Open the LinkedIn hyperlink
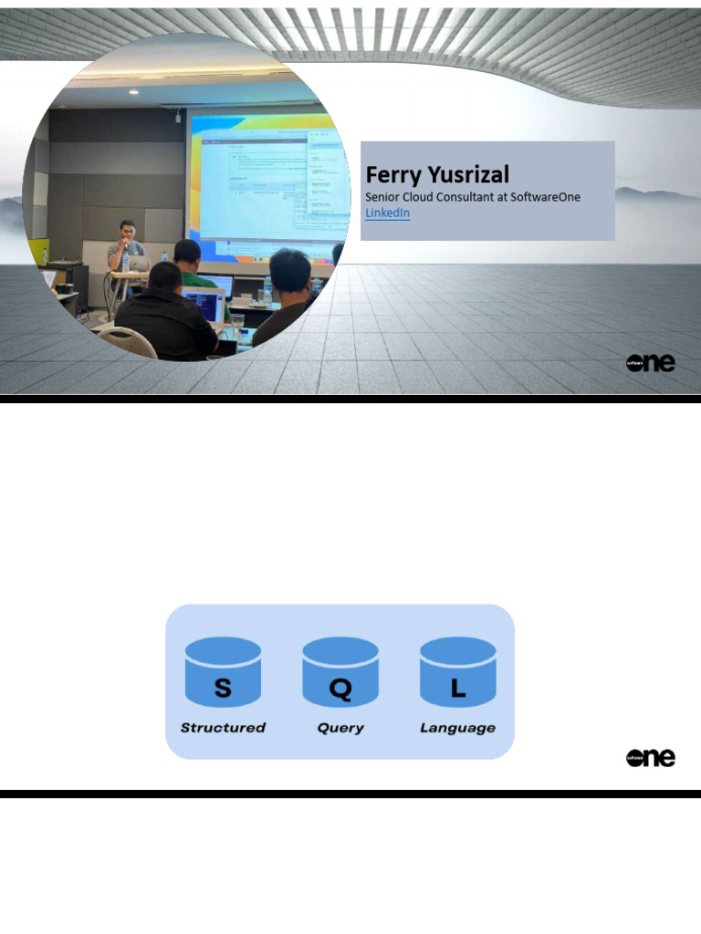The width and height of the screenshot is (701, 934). [x=387, y=213]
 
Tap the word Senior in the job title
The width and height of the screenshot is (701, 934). [x=383, y=197]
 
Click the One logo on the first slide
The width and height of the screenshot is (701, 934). [x=651, y=362]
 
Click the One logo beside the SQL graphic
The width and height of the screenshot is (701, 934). [x=651, y=757]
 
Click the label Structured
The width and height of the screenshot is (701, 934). [x=223, y=728]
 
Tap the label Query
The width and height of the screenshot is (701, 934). [x=340, y=728]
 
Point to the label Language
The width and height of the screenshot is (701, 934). [x=458, y=728]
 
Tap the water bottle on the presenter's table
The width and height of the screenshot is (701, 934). [x=125, y=263]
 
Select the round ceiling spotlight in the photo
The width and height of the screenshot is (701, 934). [x=133, y=92]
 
